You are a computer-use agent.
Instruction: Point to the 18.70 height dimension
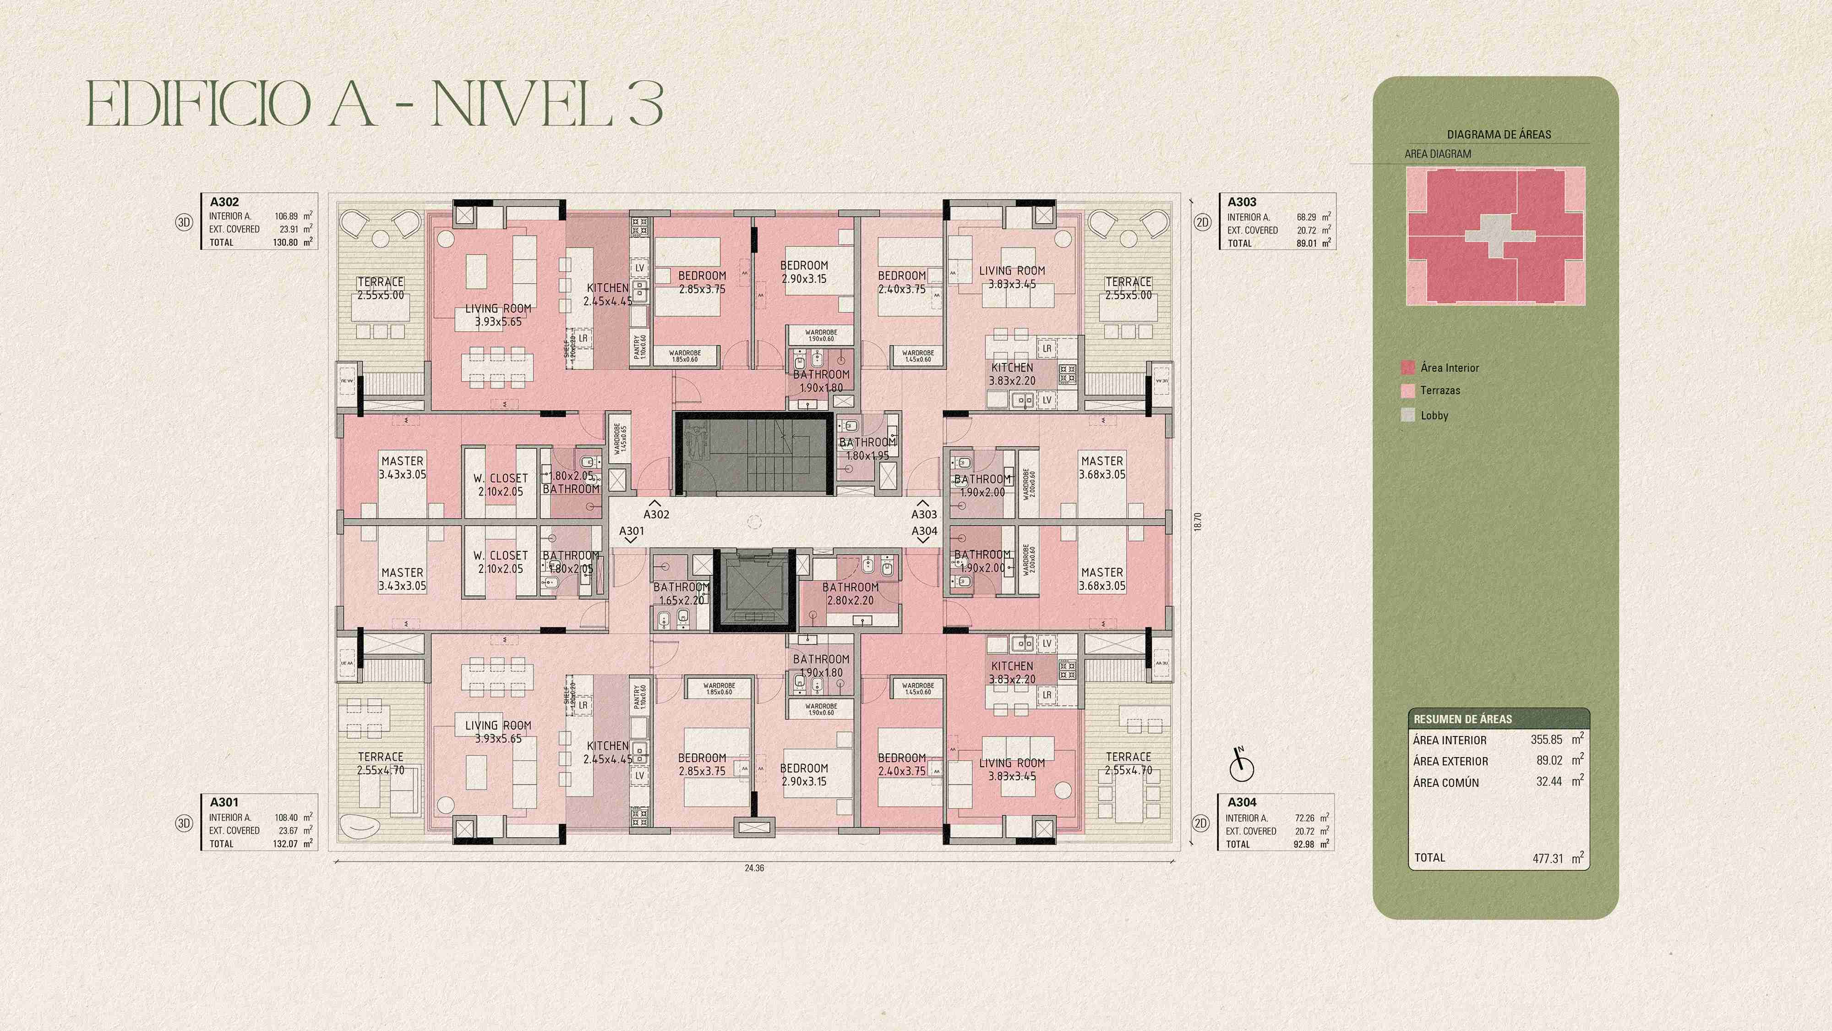[x=1198, y=521]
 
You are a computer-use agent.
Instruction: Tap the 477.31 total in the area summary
[x=1548, y=859]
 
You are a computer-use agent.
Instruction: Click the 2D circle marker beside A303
[x=1202, y=222]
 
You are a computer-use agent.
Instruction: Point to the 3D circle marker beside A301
[x=184, y=823]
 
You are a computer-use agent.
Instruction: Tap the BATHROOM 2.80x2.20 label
[x=850, y=593]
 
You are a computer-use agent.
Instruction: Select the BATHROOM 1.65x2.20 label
[x=681, y=593]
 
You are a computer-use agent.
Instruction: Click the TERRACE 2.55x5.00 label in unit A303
[x=1128, y=288]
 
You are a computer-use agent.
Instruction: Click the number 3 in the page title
[x=645, y=104]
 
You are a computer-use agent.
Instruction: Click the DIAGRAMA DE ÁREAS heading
[x=1499, y=134]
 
